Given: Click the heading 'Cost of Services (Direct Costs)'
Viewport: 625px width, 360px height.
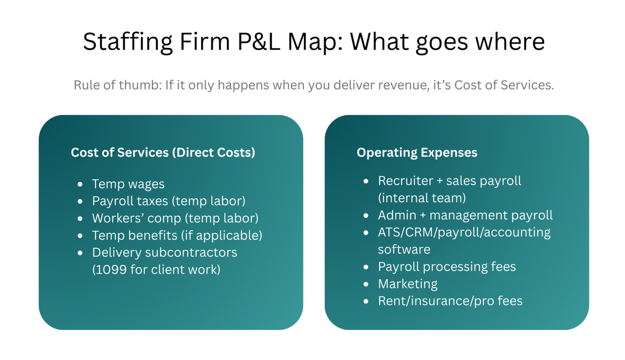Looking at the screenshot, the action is point(163,152).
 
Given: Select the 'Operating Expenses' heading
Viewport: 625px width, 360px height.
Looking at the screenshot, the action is point(417,152).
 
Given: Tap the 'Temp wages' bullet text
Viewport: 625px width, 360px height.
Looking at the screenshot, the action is point(128,184).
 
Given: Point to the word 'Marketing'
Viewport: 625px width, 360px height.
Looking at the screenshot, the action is point(408,284).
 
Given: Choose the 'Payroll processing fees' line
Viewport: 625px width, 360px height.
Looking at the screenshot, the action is point(447,267).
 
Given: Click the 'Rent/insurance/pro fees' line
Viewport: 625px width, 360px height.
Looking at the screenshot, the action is point(450,301).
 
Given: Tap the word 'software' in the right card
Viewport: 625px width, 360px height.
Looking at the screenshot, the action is point(404,249).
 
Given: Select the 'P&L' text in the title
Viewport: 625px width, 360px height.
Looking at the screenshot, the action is point(259,42).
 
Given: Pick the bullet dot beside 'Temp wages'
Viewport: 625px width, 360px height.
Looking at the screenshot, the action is point(80,184).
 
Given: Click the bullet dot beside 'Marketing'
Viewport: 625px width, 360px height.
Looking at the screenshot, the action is point(366,284).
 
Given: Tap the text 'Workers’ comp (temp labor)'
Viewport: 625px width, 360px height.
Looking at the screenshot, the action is point(175,218).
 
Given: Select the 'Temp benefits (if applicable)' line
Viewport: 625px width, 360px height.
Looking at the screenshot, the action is point(177,236).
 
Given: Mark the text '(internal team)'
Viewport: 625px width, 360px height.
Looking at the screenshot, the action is point(422,198).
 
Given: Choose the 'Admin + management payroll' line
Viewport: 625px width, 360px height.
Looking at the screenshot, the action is point(465,215).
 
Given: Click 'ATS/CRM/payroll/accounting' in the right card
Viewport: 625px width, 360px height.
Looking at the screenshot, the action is point(464,232).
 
